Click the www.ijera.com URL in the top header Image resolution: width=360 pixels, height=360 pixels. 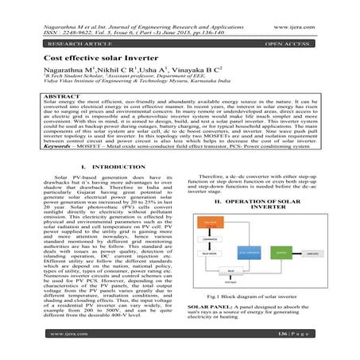pyautogui.click(x=308, y=8)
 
